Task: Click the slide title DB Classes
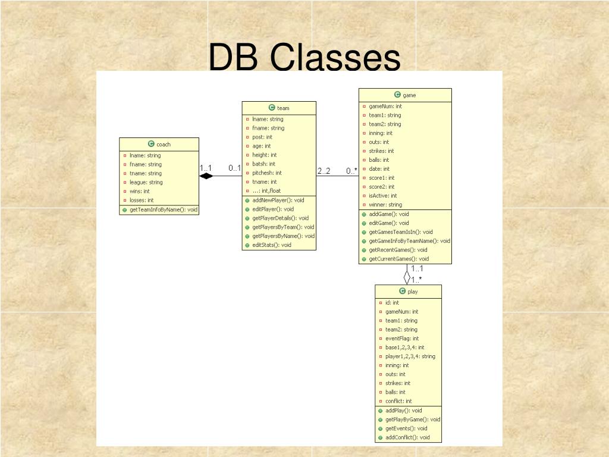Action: pos(304,58)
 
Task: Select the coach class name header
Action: pos(159,144)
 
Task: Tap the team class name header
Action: pos(279,108)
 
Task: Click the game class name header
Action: pos(405,95)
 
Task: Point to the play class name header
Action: pos(409,292)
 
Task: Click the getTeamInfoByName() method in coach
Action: pos(164,209)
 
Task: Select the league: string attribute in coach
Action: pos(146,182)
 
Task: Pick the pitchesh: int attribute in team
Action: pos(267,173)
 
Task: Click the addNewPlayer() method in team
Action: pos(278,200)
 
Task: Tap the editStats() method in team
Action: pos(272,245)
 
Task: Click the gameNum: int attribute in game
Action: pos(385,107)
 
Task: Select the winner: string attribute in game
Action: pos(385,205)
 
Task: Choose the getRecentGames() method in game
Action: pos(398,250)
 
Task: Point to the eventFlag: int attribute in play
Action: pos(402,339)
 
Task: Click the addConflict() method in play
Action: pos(407,437)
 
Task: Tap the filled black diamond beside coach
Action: pos(206,176)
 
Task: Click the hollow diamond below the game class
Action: pos(407,277)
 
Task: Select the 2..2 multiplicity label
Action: pos(324,171)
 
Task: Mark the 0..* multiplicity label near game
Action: pos(352,171)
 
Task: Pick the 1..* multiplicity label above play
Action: pos(416,280)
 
